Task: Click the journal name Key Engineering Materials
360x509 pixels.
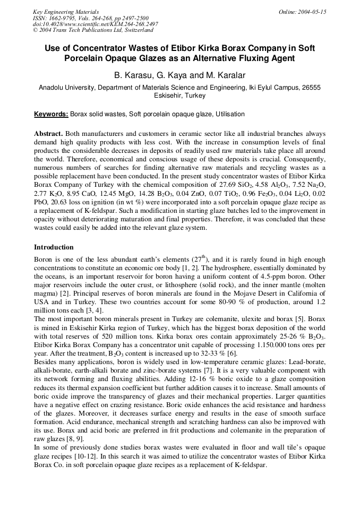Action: [x=66, y=12]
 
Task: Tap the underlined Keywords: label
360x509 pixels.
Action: [x=51, y=114]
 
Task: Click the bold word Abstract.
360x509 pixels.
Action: [x=48, y=133]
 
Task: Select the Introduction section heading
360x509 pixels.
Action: [x=54, y=247]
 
